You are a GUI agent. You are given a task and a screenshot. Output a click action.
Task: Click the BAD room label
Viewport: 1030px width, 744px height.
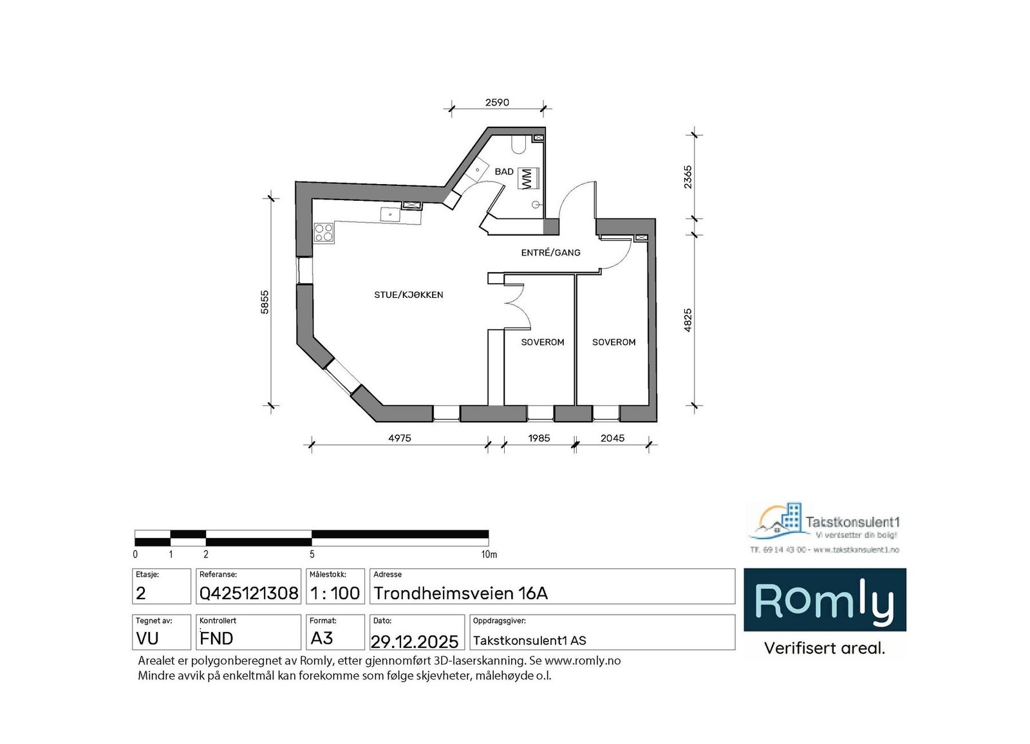(x=504, y=172)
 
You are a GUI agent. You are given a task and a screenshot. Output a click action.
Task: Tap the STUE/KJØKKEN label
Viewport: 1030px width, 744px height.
(x=409, y=295)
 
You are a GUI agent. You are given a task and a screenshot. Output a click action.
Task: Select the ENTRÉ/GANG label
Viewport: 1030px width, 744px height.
(x=550, y=253)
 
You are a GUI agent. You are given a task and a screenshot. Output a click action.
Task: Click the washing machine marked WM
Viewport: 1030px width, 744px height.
(x=528, y=178)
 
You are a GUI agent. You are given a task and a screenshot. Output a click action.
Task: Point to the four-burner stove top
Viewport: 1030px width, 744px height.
(x=324, y=232)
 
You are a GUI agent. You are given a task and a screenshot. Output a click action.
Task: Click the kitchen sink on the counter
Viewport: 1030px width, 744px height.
(x=390, y=214)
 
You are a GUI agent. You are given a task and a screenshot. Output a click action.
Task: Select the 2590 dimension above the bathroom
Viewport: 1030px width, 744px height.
(x=497, y=102)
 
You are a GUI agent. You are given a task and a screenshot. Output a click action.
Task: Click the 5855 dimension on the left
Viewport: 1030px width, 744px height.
(x=265, y=302)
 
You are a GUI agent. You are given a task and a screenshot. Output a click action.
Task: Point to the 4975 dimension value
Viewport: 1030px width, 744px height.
(x=399, y=438)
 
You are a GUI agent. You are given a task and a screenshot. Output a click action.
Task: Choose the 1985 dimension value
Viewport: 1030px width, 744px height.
(x=539, y=438)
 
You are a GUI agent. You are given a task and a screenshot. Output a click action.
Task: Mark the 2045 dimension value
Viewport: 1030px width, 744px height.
(x=612, y=438)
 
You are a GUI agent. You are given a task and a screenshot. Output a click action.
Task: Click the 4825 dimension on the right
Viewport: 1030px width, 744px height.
(x=688, y=320)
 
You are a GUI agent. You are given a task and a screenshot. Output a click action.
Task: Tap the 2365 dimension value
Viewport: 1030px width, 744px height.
(x=688, y=177)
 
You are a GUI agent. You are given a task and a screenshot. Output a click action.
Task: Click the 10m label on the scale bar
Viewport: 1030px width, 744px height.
(x=489, y=554)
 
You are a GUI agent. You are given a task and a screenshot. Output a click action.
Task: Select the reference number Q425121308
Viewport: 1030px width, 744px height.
(x=248, y=593)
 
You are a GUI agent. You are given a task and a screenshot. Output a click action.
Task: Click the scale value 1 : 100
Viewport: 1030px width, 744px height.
(x=335, y=593)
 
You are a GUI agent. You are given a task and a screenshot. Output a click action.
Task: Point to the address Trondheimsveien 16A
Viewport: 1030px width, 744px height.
(x=461, y=593)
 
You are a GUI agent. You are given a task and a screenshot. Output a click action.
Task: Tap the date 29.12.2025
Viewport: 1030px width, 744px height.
(x=415, y=641)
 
